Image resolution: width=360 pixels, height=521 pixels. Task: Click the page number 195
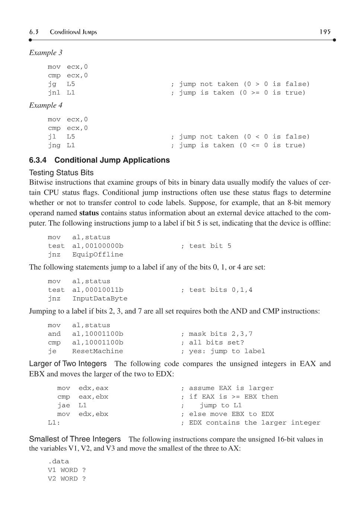(x=325, y=32)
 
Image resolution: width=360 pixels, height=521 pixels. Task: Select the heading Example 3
(x=46, y=53)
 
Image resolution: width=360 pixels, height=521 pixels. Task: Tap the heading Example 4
(x=46, y=106)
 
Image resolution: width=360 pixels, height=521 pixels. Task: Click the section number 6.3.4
(x=38, y=160)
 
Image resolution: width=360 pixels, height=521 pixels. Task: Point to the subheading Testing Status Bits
(x=61, y=173)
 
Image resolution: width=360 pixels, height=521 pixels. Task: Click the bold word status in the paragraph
(x=89, y=213)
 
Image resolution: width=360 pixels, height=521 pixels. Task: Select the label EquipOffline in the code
(x=98, y=255)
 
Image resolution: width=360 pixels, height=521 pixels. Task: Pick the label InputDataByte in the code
(x=100, y=298)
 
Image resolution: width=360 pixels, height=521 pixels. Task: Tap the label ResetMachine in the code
(x=98, y=351)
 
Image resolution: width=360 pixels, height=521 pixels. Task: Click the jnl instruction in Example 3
(x=54, y=93)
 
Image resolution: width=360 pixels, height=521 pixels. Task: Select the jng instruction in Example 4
(x=54, y=146)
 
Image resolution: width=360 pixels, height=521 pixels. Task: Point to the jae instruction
(x=64, y=405)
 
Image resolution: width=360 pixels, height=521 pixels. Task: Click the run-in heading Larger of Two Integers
(x=68, y=364)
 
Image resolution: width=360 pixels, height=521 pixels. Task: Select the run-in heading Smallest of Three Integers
(x=75, y=439)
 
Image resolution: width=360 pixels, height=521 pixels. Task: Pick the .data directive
(x=58, y=461)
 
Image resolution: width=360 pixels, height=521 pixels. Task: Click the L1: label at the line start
(x=54, y=423)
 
